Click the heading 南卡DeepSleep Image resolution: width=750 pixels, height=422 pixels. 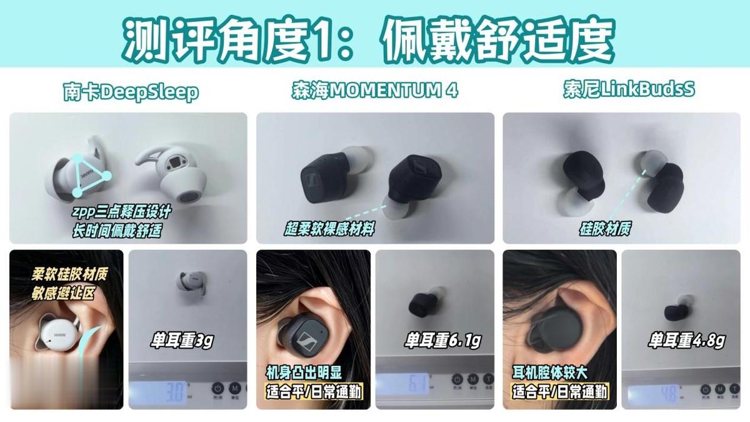pyautogui.click(x=131, y=91)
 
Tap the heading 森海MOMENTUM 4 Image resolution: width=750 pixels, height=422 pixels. pyautogui.click(x=375, y=90)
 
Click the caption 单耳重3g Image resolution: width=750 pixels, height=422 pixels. pyautogui.click(x=182, y=340)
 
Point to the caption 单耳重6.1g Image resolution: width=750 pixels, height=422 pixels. pyautogui.click(x=443, y=340)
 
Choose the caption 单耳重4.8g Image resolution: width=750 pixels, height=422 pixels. pyautogui.click(x=687, y=340)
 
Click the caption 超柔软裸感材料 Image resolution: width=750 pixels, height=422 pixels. pyautogui.click(x=329, y=229)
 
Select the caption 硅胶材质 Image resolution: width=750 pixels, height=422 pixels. pyautogui.click(x=606, y=228)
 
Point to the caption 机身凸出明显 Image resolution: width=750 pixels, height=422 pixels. pyautogui.click(x=304, y=373)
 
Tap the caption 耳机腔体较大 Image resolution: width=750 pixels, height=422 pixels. pyautogui.click(x=550, y=373)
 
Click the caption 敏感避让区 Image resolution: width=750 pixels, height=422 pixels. pyautogui.click(x=63, y=293)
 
